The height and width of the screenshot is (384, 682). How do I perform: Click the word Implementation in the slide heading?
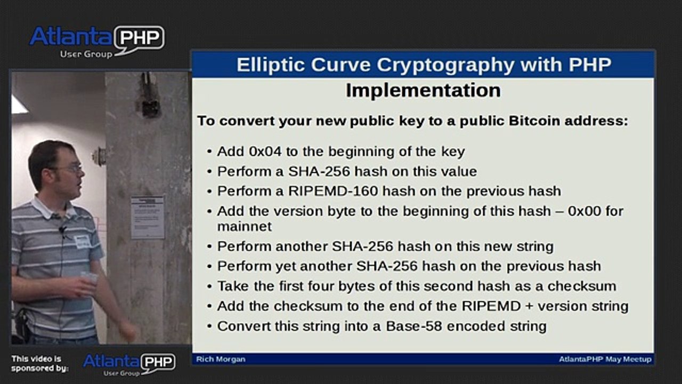pos(423,90)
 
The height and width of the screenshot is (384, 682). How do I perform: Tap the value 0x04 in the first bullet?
pos(265,151)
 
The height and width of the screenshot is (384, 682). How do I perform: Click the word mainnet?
pos(244,226)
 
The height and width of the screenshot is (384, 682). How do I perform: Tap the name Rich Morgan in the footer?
pos(221,359)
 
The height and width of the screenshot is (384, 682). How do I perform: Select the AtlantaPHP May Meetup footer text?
pos(605,359)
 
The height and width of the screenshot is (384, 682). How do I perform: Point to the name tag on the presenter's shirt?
pos(82,242)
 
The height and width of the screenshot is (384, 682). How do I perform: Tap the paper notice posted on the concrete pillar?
pos(148,217)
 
